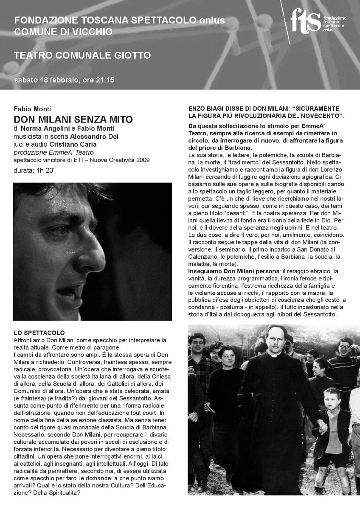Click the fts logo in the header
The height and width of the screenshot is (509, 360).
click(306, 20)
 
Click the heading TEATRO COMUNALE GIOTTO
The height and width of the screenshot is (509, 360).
click(82, 56)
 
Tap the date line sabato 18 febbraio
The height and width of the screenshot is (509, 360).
click(65, 80)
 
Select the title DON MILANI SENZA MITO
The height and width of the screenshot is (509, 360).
click(73, 120)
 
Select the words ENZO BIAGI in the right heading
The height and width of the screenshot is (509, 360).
click(206, 109)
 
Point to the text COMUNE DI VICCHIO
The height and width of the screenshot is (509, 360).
click(63, 31)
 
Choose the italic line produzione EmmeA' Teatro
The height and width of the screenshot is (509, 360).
click(53, 152)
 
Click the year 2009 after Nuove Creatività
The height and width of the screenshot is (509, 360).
click(141, 160)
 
